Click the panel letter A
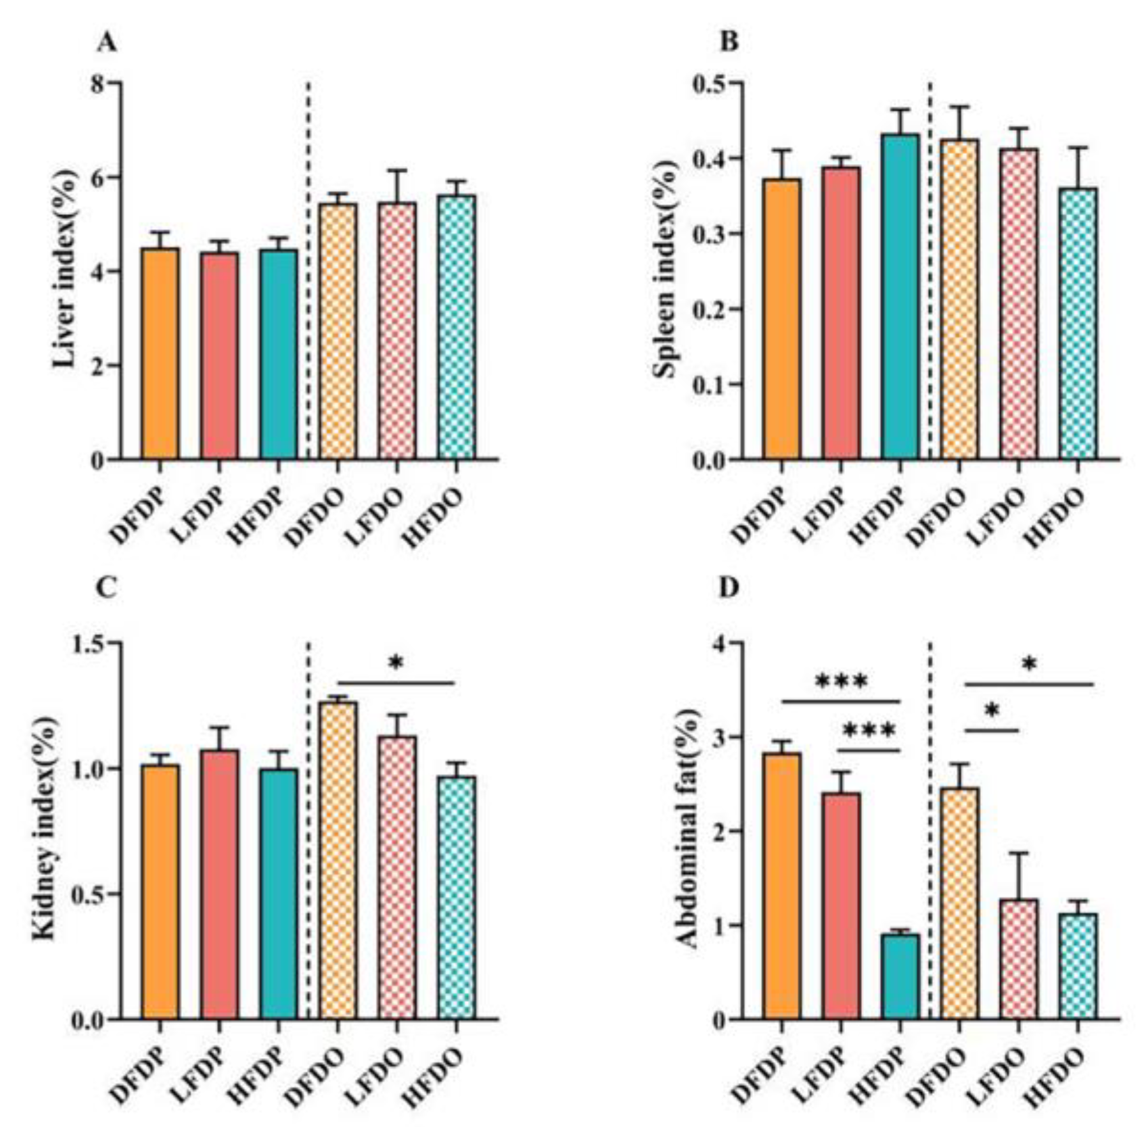click(107, 43)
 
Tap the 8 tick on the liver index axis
click(97, 84)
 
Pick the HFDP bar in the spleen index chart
click(900, 297)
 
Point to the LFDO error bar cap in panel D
click(1018, 853)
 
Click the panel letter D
click(728, 589)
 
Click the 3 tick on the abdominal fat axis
click(720, 737)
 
